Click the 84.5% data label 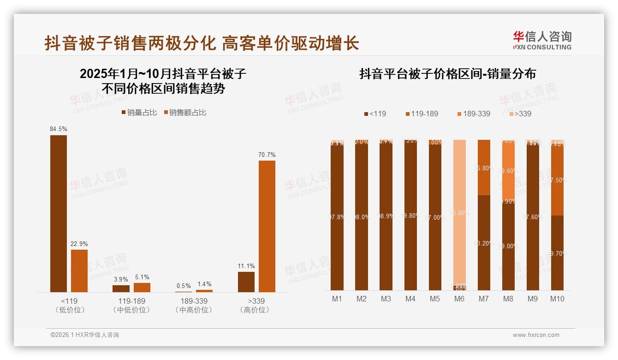[x=59, y=129]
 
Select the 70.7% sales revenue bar [x=267, y=226]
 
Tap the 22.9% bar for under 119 [x=79, y=270]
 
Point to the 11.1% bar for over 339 [x=246, y=282]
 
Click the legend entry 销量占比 [x=139, y=113]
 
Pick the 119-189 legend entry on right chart [x=422, y=114]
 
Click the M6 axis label [x=459, y=299]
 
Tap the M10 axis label [x=557, y=299]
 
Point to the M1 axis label [x=337, y=299]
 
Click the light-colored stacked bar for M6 [x=459, y=212]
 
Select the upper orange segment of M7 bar [x=484, y=167]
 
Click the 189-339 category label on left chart [x=194, y=301]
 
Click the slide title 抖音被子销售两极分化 [x=130, y=44]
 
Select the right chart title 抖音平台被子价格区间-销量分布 [x=447, y=74]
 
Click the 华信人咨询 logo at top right [x=542, y=40]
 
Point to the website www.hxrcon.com [x=536, y=335]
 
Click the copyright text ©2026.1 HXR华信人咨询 [x=85, y=335]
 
